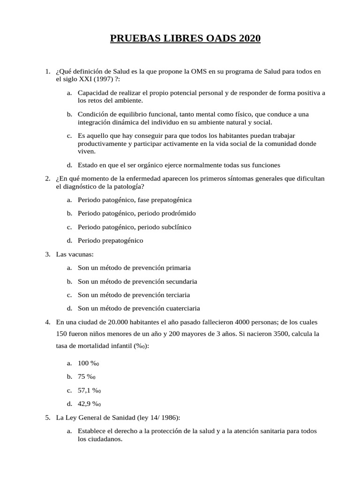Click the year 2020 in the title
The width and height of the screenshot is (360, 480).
click(248, 38)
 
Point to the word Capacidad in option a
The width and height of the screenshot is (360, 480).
click(93, 93)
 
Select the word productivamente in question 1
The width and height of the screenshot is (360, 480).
click(101, 143)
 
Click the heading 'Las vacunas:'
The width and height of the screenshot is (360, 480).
click(75, 254)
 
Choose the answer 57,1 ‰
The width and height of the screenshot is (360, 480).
click(90, 390)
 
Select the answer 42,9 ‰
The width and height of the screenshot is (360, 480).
click(90, 404)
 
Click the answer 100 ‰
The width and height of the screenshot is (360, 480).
click(90, 363)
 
